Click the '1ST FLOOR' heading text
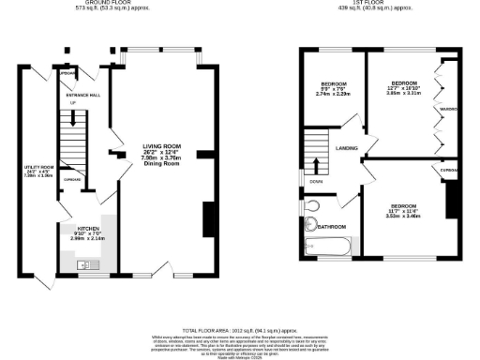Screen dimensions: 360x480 [364, 2]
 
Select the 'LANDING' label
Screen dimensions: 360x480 [348, 146]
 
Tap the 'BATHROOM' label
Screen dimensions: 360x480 [333, 227]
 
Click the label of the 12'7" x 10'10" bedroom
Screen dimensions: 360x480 [403, 83]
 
